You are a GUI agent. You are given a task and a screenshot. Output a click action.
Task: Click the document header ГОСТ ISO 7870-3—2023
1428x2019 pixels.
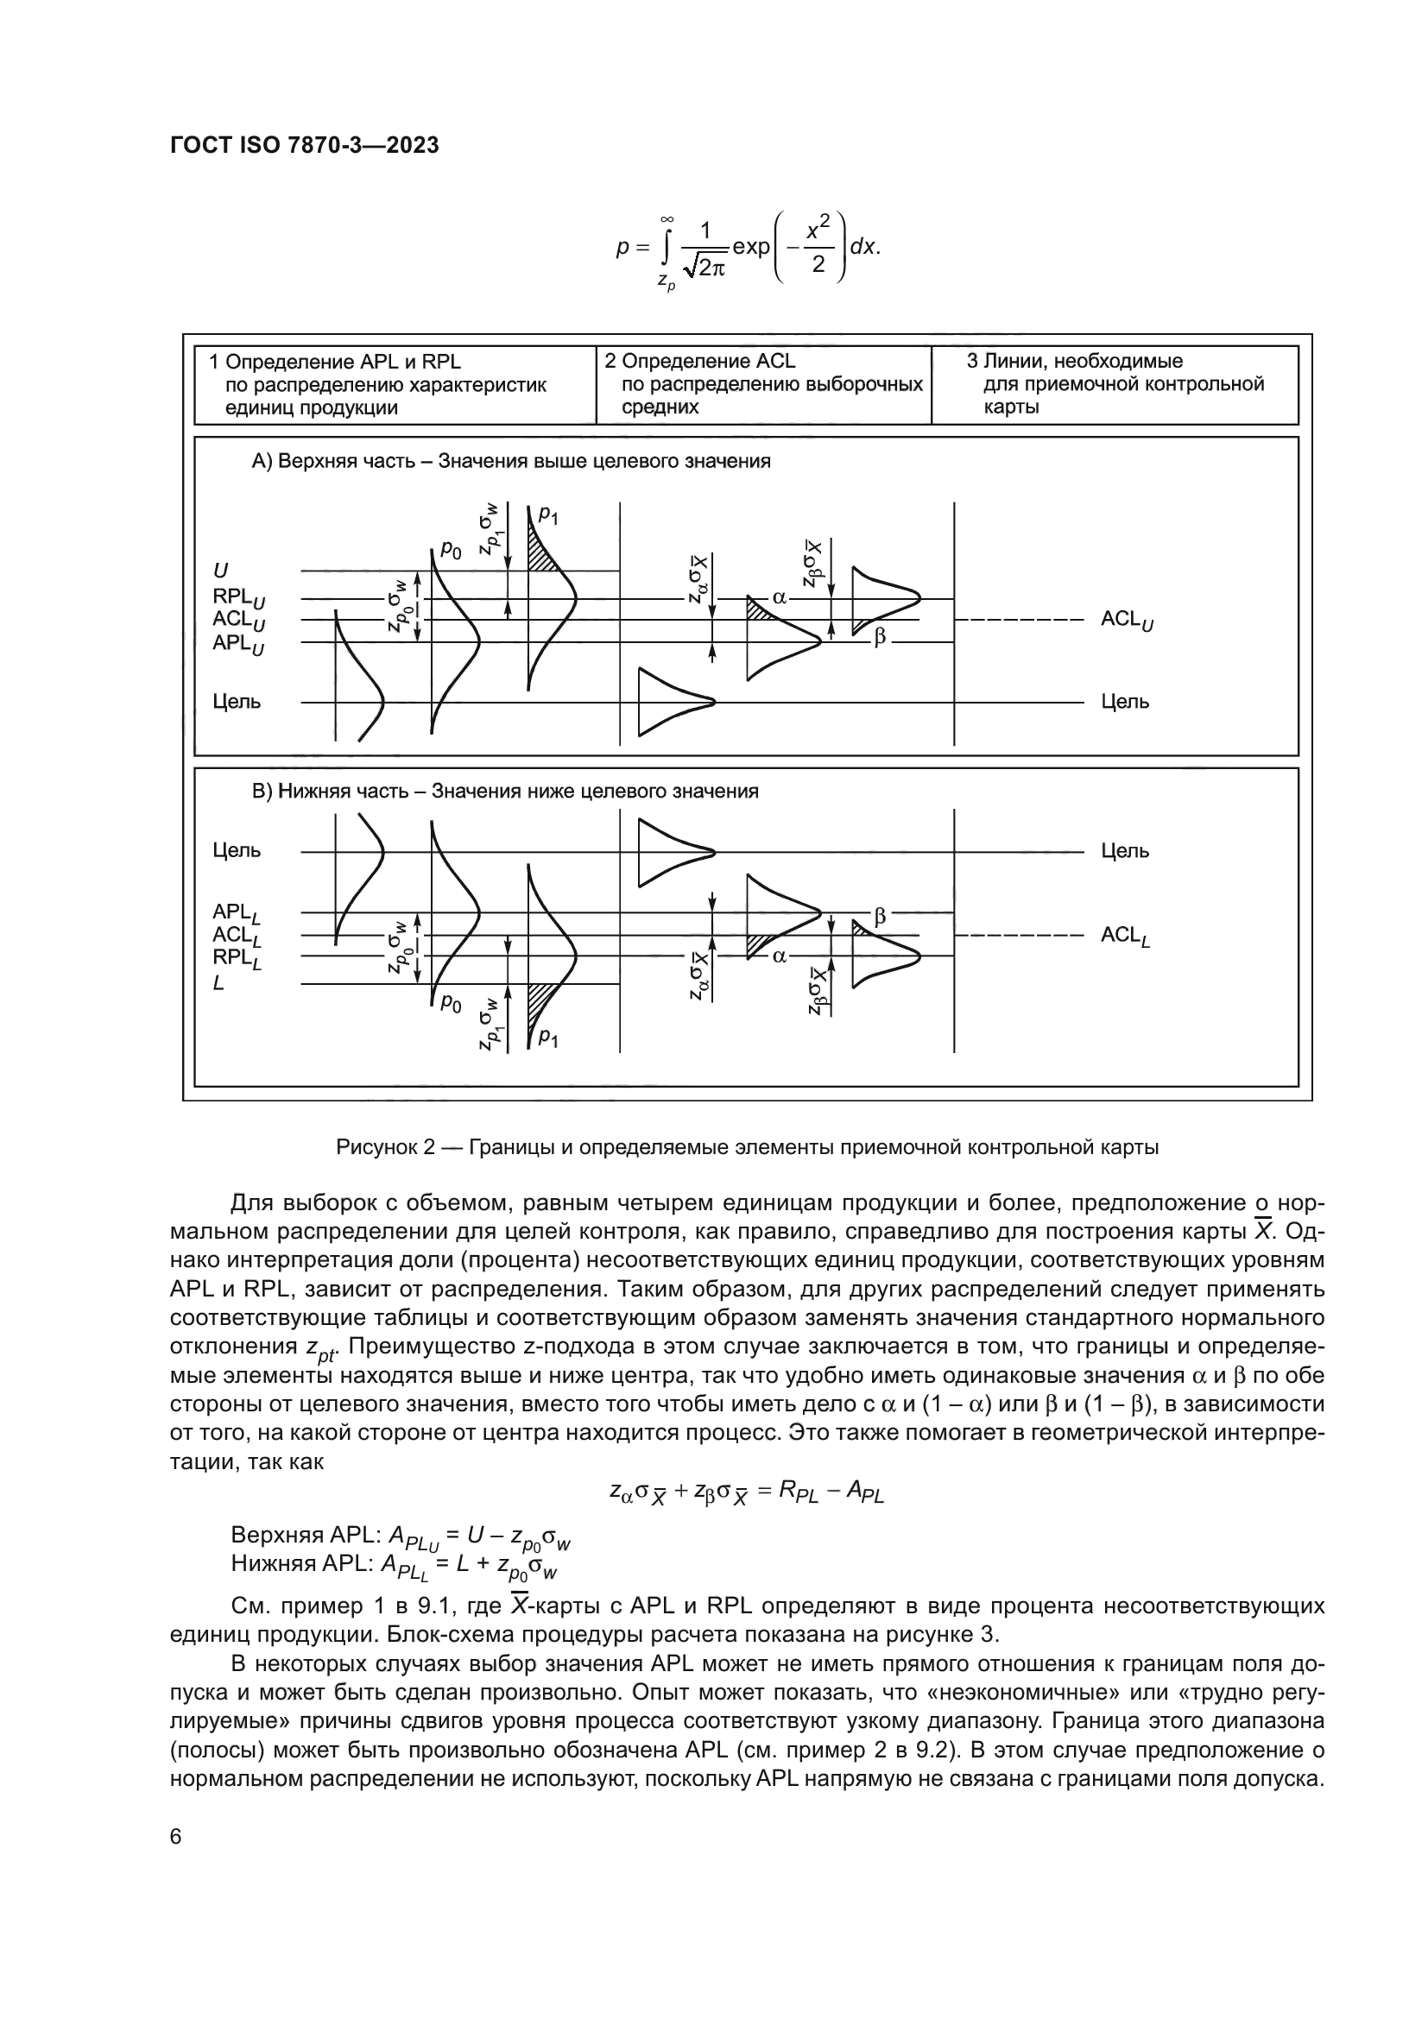pos(304,146)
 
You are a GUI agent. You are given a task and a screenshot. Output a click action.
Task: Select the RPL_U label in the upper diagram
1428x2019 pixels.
pos(237,598)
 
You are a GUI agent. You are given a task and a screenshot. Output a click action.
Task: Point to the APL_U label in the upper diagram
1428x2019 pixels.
pos(237,644)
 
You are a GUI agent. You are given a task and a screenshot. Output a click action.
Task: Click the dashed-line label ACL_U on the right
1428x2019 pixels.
pos(1127,620)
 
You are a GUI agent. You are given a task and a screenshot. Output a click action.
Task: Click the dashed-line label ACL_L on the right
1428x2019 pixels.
pos(1125,936)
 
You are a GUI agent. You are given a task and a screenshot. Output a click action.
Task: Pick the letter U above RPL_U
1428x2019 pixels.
pos(220,571)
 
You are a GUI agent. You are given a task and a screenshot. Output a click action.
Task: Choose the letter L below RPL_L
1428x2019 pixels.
pos(218,983)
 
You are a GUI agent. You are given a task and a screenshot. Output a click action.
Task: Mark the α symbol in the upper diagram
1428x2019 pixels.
pos(779,598)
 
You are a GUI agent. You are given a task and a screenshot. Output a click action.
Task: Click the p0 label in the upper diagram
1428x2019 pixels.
pos(450,552)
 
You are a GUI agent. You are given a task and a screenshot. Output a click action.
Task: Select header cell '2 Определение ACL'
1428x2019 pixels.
pos(700,362)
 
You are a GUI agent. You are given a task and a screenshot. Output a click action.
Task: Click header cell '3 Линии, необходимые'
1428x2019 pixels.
pos(1074,362)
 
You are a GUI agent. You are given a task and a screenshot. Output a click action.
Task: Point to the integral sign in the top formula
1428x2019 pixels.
pos(667,248)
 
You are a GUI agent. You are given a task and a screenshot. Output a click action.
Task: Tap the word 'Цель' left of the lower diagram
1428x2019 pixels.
pos(237,850)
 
